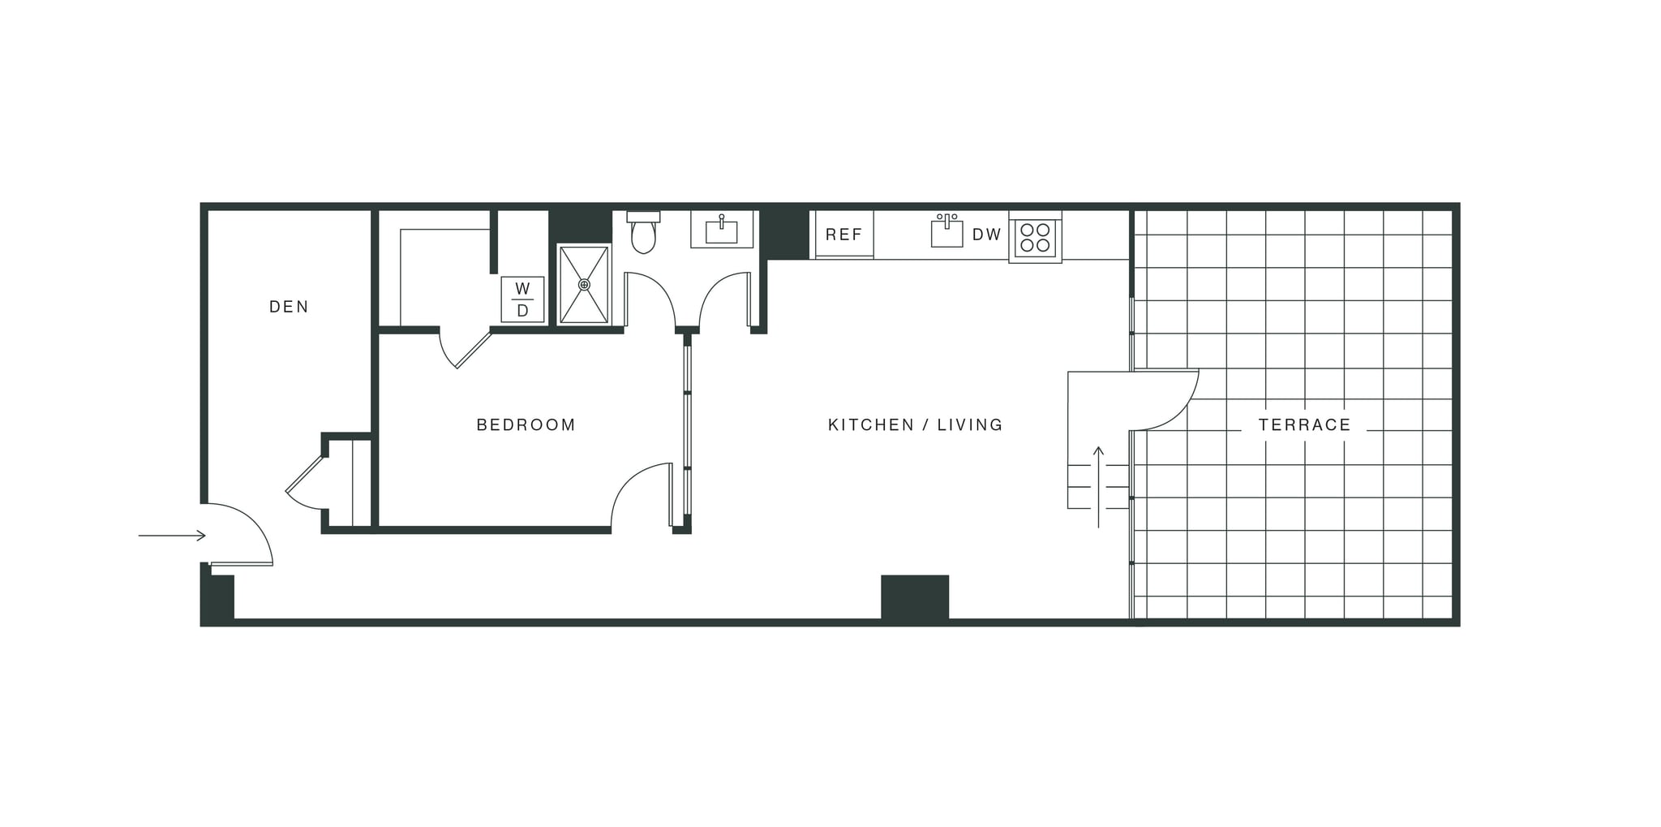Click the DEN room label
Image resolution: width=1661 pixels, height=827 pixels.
[289, 307]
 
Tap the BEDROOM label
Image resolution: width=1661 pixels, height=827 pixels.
[526, 424]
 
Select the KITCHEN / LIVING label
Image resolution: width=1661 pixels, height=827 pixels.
[915, 424]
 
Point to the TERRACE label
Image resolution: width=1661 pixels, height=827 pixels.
[1304, 424]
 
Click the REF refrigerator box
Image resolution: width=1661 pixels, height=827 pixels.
[843, 235]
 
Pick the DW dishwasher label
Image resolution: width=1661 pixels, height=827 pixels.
[986, 235]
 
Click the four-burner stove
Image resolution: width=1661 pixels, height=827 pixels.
[1035, 237]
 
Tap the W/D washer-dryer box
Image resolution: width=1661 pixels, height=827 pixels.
[522, 299]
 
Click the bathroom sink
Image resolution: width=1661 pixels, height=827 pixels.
[721, 230]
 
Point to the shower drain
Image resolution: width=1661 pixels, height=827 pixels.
[584, 285]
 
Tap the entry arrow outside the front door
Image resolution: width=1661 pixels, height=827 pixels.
[172, 536]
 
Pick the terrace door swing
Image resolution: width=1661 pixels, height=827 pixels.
[1164, 402]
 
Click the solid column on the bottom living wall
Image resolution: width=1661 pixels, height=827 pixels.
[915, 598]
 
